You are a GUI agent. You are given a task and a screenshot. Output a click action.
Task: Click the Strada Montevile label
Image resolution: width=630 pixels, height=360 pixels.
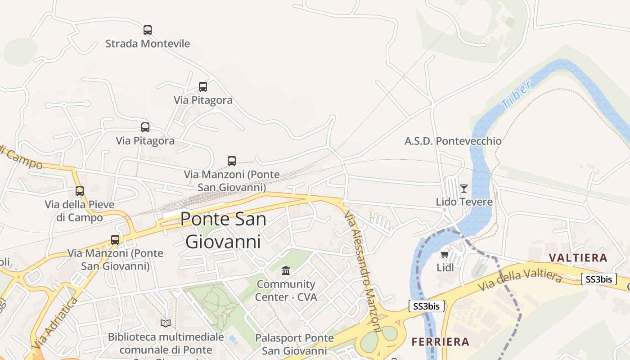coord(148,44)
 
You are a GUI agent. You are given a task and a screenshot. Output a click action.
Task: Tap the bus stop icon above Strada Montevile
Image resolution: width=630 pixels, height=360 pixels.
coord(148,30)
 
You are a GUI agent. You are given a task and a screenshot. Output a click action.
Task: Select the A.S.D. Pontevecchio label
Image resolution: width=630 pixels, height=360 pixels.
coord(453,141)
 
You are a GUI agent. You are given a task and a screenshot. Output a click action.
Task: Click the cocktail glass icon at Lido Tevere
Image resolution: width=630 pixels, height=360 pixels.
coord(464,189)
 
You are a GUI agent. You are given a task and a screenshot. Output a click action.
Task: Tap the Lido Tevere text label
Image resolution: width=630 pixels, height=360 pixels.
coord(464,202)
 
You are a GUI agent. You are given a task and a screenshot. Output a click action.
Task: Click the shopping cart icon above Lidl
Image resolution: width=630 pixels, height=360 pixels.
coord(445,255)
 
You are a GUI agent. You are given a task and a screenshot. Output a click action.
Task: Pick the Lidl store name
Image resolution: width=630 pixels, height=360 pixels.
coord(445,267)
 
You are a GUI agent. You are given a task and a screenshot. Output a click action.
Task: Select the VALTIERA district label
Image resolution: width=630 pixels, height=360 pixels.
coord(578,258)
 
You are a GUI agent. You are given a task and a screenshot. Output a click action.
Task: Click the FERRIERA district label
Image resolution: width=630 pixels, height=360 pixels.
coord(441,342)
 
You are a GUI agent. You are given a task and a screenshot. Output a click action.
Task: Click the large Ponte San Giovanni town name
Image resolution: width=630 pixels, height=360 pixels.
coord(223,230)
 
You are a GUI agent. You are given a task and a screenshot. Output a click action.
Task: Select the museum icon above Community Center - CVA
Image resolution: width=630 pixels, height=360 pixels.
coord(286,271)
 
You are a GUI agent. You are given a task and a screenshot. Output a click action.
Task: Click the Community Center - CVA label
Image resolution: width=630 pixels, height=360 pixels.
coord(286,291)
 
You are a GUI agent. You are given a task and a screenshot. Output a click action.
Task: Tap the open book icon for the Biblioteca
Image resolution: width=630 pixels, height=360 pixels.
coord(166,323)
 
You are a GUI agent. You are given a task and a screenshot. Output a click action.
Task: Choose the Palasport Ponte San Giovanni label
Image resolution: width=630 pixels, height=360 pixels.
coord(294,344)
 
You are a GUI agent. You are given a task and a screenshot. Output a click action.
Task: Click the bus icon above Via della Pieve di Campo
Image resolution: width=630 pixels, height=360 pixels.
coord(80,191)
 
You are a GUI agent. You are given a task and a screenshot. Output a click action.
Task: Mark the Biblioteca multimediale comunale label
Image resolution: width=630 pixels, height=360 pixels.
coord(166,343)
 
